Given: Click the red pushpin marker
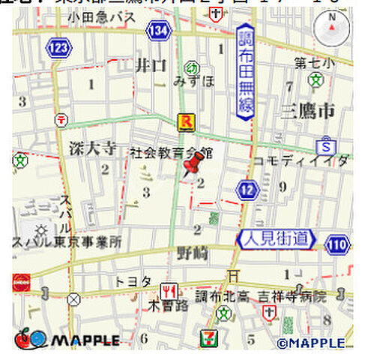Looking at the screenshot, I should pyautogui.click(x=194, y=166).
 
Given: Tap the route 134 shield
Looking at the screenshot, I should pyautogui.click(x=157, y=30).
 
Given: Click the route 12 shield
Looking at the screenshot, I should pyautogui.click(x=247, y=190).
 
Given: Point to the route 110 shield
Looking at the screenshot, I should pyautogui.click(x=337, y=244).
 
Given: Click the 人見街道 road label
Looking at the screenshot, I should pyautogui.click(x=277, y=240).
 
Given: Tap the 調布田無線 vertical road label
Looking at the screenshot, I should pyautogui.click(x=247, y=71).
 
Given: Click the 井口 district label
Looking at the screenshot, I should pyautogui.click(x=150, y=66).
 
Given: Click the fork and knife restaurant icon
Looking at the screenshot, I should pyautogui.click(x=169, y=290).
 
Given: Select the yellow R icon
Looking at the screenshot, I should pyautogui.click(x=184, y=121).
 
